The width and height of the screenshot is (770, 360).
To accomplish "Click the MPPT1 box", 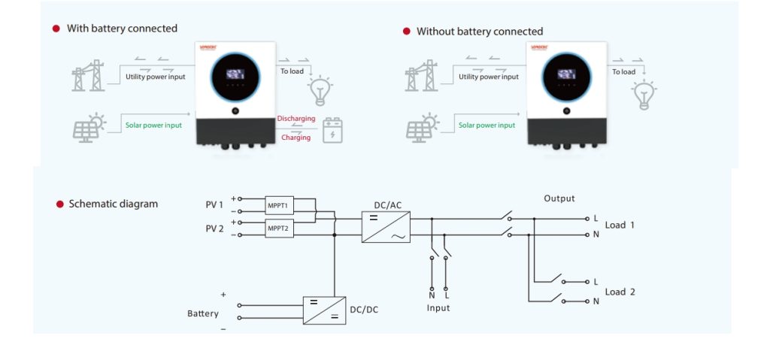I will click(x=279, y=204).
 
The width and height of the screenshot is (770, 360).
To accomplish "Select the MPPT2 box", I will click(x=279, y=228).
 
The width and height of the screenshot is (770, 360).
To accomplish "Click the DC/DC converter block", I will click(x=324, y=310).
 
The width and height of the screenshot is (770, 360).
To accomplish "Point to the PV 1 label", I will click(x=215, y=204).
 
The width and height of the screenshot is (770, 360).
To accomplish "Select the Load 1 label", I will click(x=620, y=225).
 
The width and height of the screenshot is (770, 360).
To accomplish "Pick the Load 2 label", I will click(x=620, y=292).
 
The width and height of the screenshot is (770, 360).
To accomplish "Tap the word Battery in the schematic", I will click(x=203, y=313).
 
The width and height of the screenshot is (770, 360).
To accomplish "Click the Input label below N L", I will click(x=438, y=308).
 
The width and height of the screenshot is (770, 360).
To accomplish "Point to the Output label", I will click(x=559, y=198).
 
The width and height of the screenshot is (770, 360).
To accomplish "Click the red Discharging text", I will click(x=296, y=119).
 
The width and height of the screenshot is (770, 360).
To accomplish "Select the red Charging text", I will click(x=296, y=138).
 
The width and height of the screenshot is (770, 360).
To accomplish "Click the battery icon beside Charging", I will click(x=332, y=130).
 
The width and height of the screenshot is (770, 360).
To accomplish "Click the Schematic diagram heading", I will click(x=113, y=204).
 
